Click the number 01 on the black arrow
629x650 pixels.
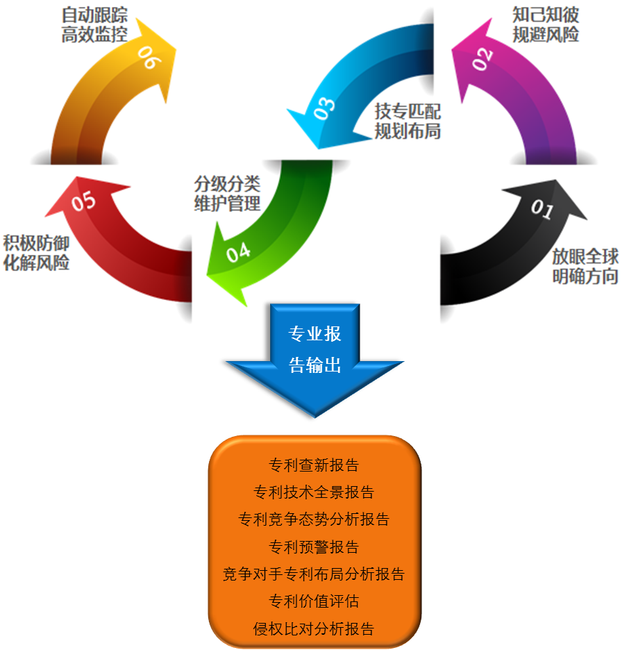pos(542,209)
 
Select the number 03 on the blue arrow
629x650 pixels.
pos(324,108)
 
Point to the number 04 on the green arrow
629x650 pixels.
pos(238,252)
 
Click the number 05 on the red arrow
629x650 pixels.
pos(83,201)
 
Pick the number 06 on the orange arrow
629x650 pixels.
pos(149,58)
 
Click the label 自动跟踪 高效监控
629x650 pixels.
pos(94,25)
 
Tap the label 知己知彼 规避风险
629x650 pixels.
pos(546,25)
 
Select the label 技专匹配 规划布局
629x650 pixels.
pos(408,121)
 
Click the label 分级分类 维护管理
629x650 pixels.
pos(227,194)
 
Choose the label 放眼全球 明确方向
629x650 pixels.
pos(585,266)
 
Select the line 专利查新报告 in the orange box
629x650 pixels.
pos(314,465)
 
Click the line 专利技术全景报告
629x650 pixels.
pos(314,492)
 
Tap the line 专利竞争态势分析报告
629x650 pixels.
pos(314,519)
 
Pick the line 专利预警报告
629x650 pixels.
pos(314,547)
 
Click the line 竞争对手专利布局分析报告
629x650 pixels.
pos(314,574)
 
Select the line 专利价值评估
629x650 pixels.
pos(314,601)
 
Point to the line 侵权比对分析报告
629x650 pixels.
pos(314,629)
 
